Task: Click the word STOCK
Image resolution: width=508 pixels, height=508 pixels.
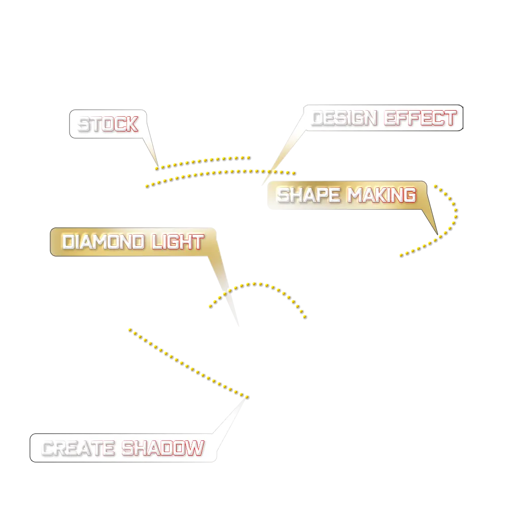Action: coord(108,124)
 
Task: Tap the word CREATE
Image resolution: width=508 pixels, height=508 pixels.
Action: coord(78,449)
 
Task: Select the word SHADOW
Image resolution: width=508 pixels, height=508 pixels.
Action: coord(163,449)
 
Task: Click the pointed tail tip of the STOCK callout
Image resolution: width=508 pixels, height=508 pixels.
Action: coord(158,166)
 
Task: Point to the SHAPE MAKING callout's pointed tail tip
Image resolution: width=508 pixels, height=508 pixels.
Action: coord(437,235)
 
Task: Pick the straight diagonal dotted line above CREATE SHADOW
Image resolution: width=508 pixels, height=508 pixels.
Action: coord(188,363)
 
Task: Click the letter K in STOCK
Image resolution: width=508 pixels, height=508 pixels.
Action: coord(131,124)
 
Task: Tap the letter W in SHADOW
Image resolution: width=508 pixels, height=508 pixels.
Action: coord(195,449)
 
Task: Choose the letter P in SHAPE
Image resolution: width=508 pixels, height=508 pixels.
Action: coord(322,195)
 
